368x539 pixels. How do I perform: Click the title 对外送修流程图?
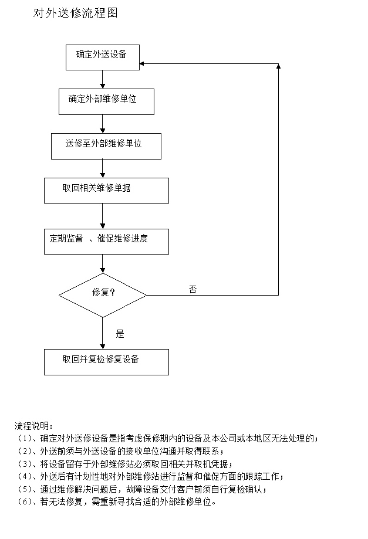click(75, 13)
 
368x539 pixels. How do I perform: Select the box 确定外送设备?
click(103, 57)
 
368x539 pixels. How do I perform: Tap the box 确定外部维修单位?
click(106, 101)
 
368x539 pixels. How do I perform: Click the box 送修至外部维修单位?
click(106, 146)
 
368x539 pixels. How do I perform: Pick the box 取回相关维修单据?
click(106, 191)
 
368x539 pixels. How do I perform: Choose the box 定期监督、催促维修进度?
click(106, 242)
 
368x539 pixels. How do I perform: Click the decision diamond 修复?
click(103, 295)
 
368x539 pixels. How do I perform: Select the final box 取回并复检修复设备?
click(106, 362)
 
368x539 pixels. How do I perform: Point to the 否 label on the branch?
click(193, 289)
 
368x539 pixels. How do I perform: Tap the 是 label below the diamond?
click(120, 334)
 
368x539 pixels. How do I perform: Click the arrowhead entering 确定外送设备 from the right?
click(141, 63)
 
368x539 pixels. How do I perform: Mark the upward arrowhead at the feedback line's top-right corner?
click(278, 66)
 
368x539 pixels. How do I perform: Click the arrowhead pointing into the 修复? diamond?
click(103, 271)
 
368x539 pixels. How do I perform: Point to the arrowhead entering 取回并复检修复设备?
click(103, 347)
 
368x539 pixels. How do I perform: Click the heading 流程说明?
click(33, 426)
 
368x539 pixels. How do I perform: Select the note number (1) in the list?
click(25, 439)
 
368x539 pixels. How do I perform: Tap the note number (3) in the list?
click(25, 464)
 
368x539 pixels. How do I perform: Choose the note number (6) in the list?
click(25, 502)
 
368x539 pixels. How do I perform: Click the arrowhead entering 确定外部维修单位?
click(103, 87)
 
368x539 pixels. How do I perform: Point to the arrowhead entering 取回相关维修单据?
click(103, 175)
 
